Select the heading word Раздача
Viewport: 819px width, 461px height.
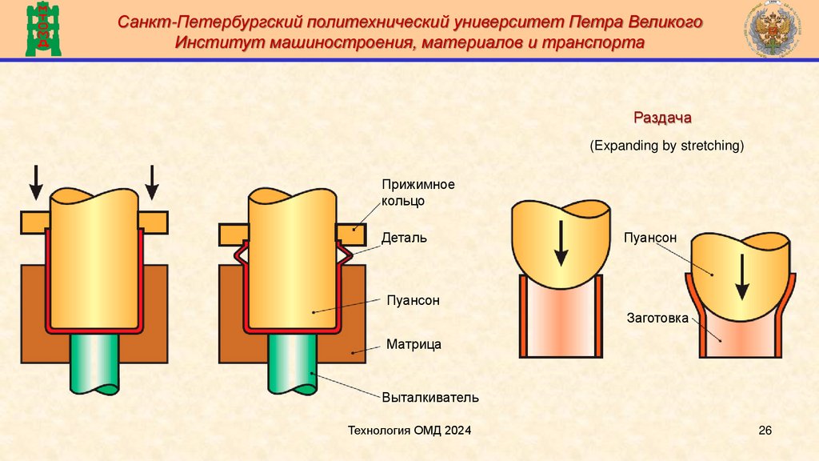coord(662,118)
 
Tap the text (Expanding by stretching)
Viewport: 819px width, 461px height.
coord(667,146)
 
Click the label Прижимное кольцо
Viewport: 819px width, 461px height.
coord(417,193)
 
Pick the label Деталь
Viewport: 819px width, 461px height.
coord(404,238)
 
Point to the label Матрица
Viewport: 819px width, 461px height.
coord(413,344)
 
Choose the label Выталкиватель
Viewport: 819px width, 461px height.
coord(429,396)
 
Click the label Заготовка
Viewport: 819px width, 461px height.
coord(657,319)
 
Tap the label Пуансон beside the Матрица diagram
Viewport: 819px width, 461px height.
coord(413,300)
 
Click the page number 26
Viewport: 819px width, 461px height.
coord(765,431)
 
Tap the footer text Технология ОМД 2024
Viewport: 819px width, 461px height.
coord(409,431)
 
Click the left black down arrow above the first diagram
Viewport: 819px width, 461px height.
coord(36,182)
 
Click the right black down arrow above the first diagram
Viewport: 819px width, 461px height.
coord(151,182)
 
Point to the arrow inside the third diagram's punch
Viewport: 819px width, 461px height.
coord(561,242)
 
